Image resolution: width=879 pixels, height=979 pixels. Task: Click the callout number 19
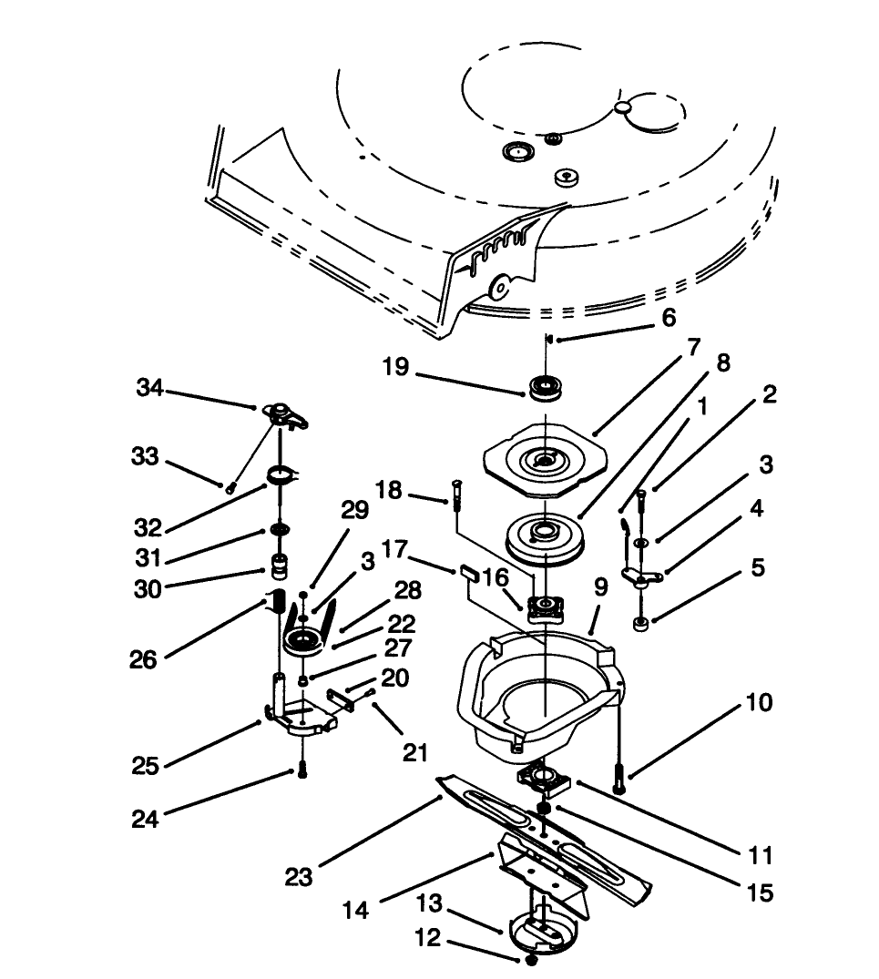click(x=396, y=367)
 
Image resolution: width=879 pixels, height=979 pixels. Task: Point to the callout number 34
click(x=149, y=389)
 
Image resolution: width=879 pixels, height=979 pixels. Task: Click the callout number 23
click(x=299, y=876)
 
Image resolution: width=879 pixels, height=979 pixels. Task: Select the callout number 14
click(x=356, y=909)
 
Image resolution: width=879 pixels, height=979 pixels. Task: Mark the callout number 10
click(x=757, y=703)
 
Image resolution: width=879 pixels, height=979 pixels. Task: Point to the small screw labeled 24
click(x=302, y=770)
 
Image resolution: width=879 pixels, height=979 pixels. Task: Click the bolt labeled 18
click(x=455, y=496)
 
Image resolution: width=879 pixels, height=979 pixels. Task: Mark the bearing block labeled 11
click(x=541, y=778)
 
